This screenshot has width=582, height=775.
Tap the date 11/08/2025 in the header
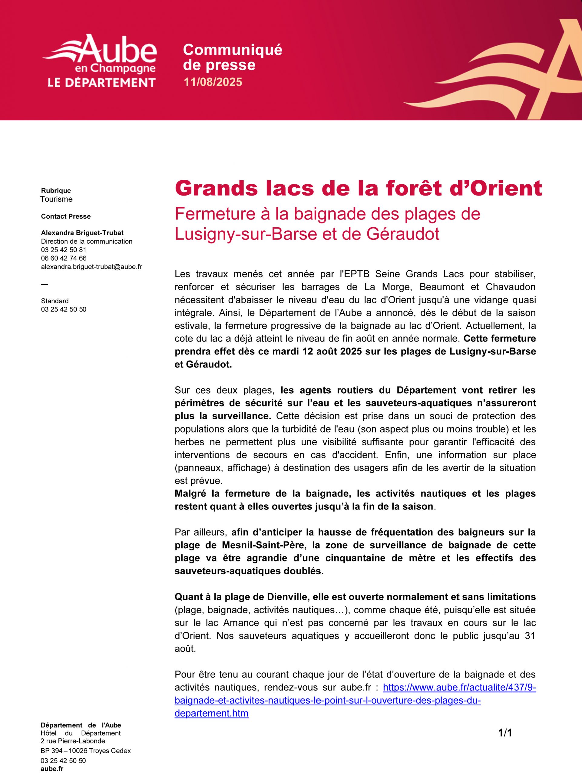(x=213, y=82)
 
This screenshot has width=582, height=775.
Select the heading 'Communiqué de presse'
(x=232, y=58)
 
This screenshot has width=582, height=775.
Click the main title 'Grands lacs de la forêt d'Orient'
(x=358, y=189)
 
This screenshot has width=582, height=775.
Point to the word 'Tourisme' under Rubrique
(x=56, y=199)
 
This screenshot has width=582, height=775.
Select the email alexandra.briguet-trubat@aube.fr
(x=91, y=267)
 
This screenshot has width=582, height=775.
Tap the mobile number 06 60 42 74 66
(x=64, y=258)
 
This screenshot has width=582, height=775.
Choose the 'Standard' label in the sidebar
(x=55, y=301)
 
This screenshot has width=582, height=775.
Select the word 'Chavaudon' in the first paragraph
(x=511, y=287)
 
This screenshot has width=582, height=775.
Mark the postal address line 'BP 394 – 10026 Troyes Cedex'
(x=86, y=751)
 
